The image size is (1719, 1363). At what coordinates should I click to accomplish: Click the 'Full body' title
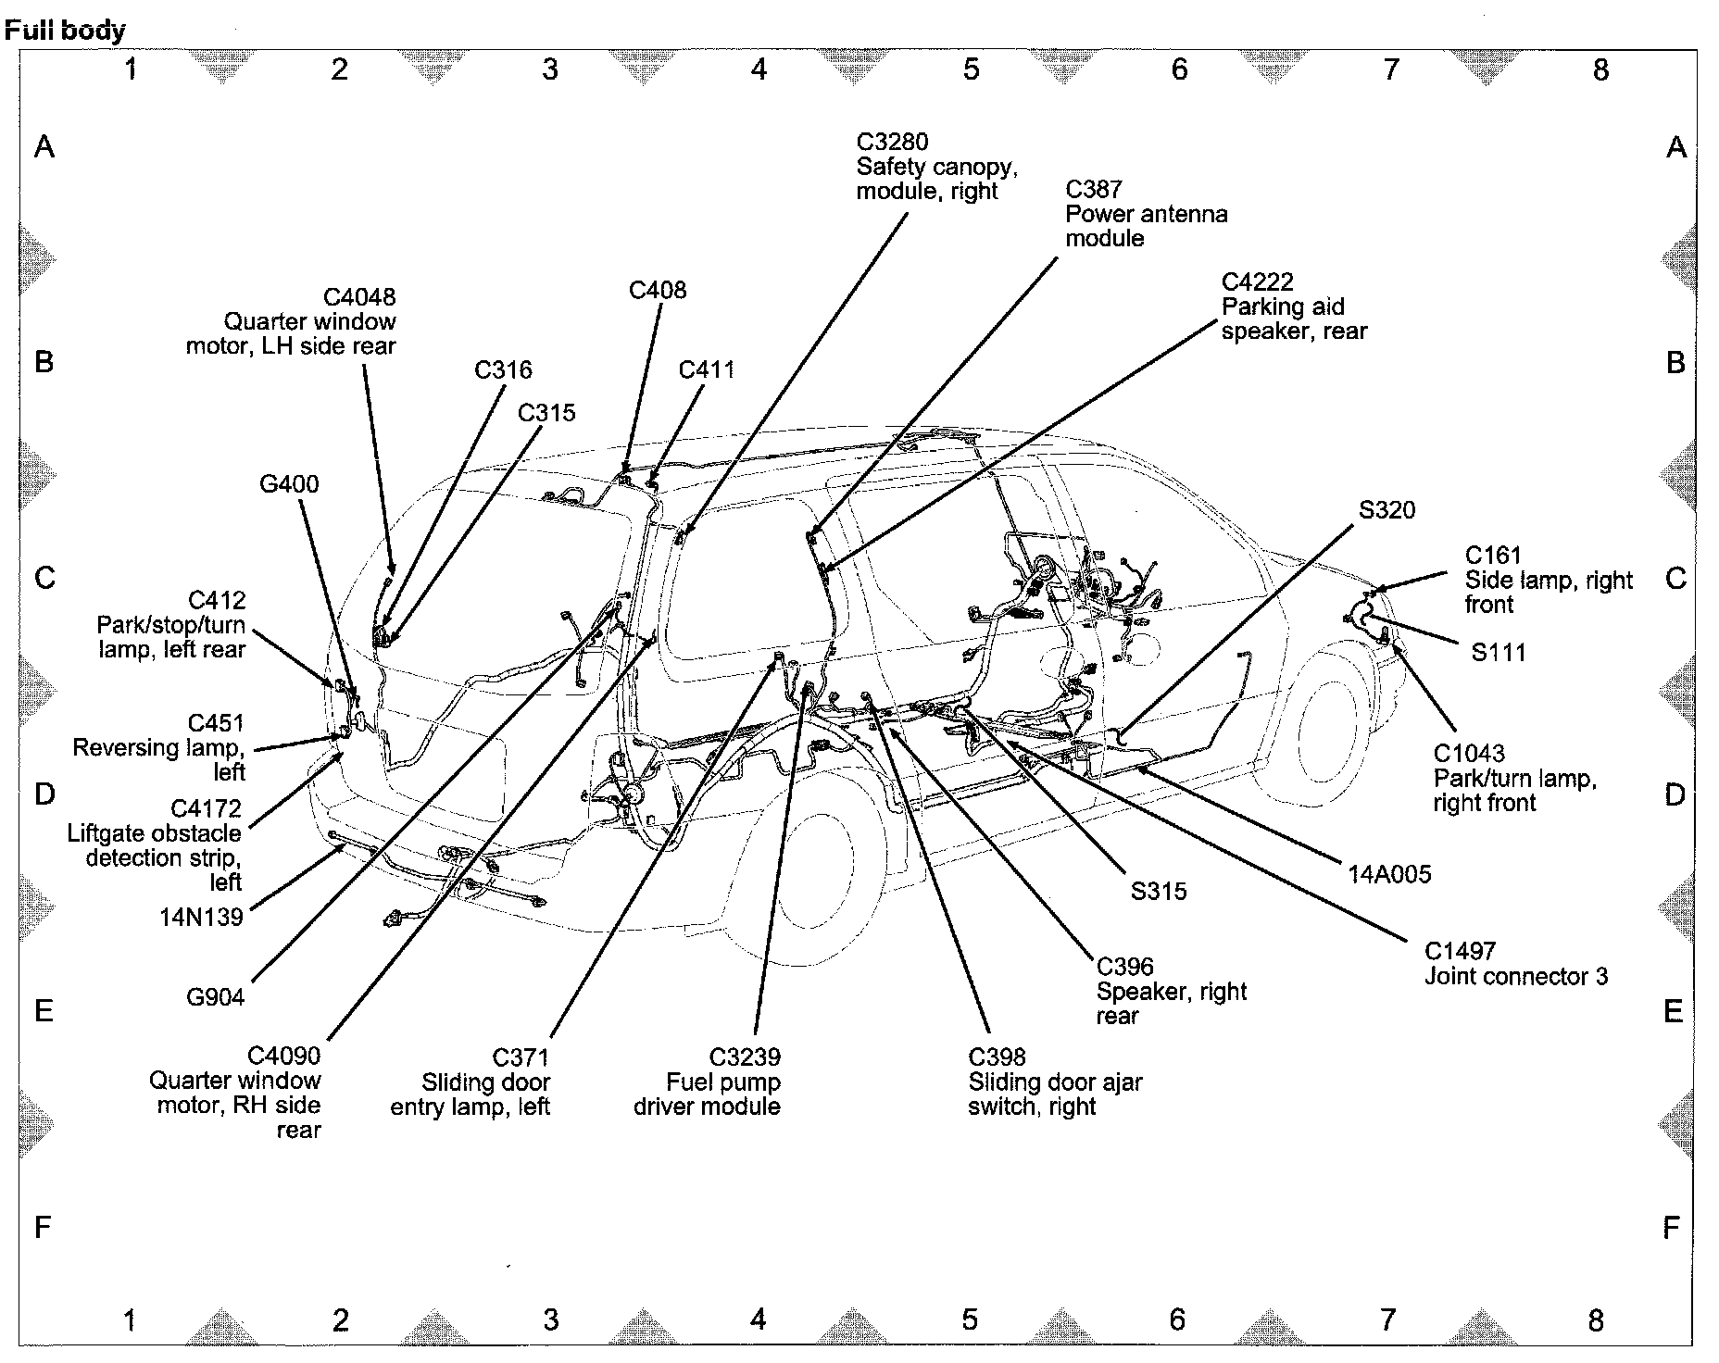click(65, 31)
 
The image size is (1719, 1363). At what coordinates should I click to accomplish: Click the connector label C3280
click(892, 142)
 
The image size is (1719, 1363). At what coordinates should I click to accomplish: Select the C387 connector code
click(1094, 189)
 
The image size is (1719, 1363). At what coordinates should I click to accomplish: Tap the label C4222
click(1257, 281)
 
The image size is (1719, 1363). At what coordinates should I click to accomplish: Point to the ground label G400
click(289, 483)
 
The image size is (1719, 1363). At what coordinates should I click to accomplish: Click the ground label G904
click(216, 997)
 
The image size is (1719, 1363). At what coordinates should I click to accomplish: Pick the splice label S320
click(1386, 510)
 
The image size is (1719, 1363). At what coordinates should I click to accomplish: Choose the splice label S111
click(1498, 653)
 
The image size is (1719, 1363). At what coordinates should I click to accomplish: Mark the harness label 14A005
click(1389, 874)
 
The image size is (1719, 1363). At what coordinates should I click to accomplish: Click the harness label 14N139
click(201, 917)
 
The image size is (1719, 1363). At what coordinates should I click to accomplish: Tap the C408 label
click(658, 290)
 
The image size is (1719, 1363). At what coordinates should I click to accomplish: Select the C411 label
click(707, 370)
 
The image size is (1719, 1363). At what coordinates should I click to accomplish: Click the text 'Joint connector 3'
click(1515, 976)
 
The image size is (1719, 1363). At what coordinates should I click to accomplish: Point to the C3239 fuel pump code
click(744, 1057)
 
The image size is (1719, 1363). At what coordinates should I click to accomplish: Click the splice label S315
click(1158, 891)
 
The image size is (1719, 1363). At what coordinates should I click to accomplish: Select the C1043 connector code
click(1469, 754)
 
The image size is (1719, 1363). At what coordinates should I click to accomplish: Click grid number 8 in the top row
click(1600, 69)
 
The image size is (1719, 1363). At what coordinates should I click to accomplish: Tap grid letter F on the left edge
click(43, 1228)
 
